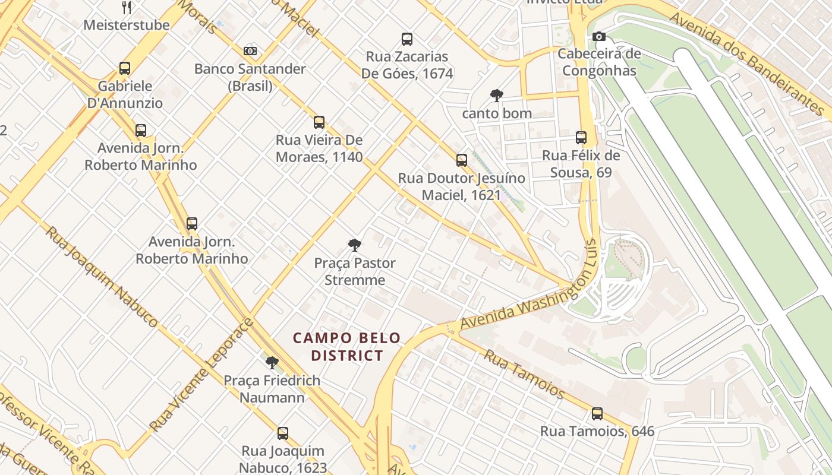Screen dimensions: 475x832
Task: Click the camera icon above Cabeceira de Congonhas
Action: point(599,37)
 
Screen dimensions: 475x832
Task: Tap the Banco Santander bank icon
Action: point(250,51)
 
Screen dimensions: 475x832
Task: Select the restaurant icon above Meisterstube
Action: point(126,7)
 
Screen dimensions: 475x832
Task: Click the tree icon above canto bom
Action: point(496,96)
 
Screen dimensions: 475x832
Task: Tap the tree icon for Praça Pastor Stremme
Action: point(355,245)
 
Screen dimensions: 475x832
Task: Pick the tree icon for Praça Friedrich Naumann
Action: point(272,363)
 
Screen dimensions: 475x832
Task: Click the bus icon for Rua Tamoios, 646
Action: point(597,414)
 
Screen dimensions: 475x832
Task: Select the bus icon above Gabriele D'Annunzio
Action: point(125,68)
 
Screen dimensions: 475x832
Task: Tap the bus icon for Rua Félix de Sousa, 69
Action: point(581,138)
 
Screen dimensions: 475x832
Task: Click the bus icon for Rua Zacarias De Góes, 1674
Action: point(407,39)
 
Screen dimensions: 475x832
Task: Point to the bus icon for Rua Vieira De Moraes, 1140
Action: point(319,122)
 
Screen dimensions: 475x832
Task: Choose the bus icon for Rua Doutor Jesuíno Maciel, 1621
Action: point(462,160)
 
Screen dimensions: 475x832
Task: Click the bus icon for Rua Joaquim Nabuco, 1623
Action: point(283,433)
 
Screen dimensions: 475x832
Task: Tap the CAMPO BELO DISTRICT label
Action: point(347,347)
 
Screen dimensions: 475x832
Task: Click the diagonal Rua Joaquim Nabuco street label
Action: point(101,277)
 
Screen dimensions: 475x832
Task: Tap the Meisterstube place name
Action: point(126,25)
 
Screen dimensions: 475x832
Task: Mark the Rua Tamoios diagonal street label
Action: point(524,373)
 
